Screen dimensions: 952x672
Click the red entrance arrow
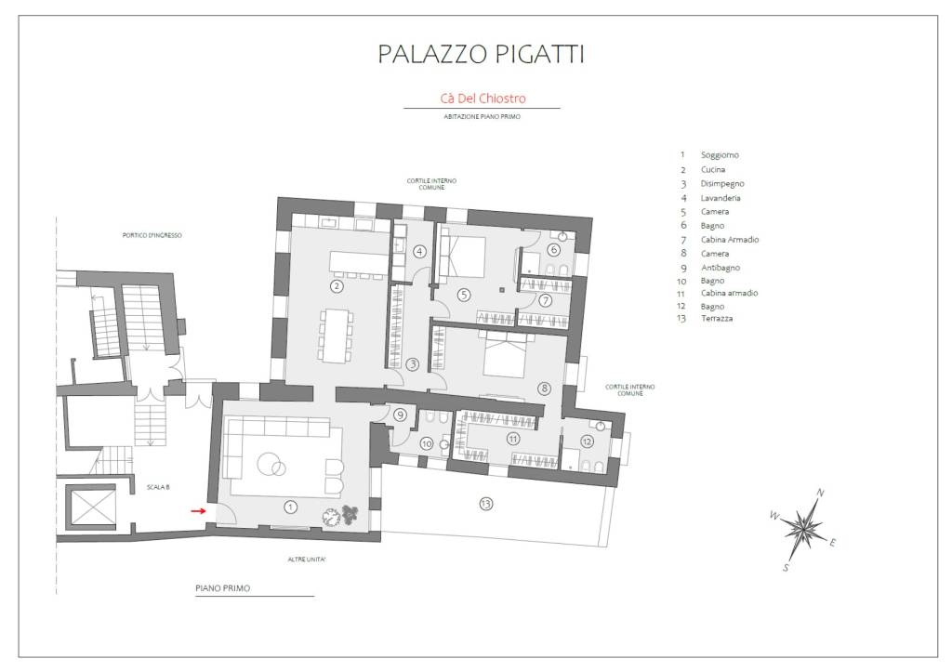tap(199, 510)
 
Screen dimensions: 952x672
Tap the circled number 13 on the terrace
tap(485, 503)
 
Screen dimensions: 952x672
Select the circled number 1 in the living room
tap(291, 507)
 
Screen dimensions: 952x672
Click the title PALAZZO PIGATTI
tap(481, 53)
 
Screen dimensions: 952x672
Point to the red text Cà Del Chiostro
tap(483, 99)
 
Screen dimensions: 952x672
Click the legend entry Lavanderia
tap(721, 198)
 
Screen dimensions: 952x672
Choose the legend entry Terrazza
tap(717, 318)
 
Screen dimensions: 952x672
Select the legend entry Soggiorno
tap(720, 155)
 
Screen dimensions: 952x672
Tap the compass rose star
tap(802, 528)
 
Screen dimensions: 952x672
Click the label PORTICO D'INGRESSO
tap(152, 235)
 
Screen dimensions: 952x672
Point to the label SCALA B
tap(158, 487)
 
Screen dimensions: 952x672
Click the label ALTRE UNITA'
tap(307, 560)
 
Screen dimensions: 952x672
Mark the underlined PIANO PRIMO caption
tap(223, 588)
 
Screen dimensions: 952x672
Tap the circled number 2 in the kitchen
tap(337, 286)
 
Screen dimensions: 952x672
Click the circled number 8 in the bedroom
tap(544, 389)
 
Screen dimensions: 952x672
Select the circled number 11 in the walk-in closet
tap(513, 439)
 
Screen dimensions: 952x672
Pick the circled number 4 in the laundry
tap(419, 251)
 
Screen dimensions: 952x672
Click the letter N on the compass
tap(820, 493)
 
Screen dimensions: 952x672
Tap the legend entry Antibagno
tap(721, 268)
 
